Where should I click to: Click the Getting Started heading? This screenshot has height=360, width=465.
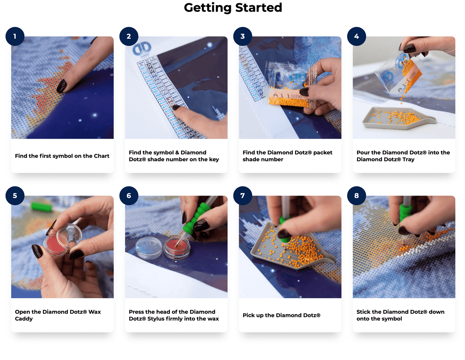click(233, 8)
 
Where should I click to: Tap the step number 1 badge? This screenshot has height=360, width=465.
click(15, 36)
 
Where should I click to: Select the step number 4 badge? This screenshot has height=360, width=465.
click(356, 36)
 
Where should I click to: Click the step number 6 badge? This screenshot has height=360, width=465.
click(129, 196)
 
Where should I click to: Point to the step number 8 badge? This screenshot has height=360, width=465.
click(356, 196)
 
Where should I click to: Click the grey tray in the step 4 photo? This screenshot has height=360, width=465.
click(398, 118)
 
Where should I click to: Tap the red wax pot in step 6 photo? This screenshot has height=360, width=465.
click(177, 247)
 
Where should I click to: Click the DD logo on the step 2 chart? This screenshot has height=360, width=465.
click(142, 49)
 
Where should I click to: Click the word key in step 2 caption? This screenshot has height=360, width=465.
click(214, 159)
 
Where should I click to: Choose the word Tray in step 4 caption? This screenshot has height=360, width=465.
click(408, 159)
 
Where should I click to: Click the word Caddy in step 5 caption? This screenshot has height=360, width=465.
click(24, 319)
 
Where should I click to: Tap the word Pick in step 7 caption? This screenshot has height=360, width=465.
click(249, 315)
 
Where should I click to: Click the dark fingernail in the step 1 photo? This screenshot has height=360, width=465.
click(61, 86)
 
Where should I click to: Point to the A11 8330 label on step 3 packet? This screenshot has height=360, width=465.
click(287, 96)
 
